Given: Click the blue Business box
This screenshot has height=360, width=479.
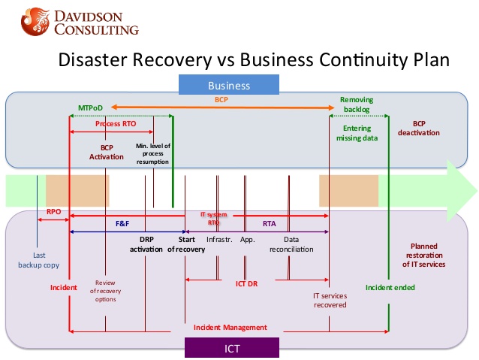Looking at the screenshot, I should (229, 85).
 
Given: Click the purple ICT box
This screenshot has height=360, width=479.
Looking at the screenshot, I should (231, 348).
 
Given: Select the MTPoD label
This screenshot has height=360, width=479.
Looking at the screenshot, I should (90, 108).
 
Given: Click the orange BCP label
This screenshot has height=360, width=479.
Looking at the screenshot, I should (221, 98).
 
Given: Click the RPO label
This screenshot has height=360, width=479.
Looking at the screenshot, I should (54, 212).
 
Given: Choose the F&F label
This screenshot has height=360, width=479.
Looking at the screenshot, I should (122, 224).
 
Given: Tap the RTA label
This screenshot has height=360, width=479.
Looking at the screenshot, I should (269, 224).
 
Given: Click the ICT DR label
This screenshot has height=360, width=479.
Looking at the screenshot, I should (246, 284).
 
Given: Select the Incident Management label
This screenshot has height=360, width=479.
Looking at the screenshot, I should (230, 328).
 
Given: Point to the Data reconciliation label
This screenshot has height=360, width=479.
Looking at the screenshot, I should (288, 244).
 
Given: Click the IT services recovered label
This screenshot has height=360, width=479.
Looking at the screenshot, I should (330, 300).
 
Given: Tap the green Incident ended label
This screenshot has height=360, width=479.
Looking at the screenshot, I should (390, 287).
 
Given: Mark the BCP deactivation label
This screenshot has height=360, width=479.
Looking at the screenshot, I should (426, 128).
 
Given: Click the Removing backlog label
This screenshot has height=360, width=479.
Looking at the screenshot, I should (357, 104).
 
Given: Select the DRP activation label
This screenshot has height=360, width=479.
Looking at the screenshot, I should (146, 244).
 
